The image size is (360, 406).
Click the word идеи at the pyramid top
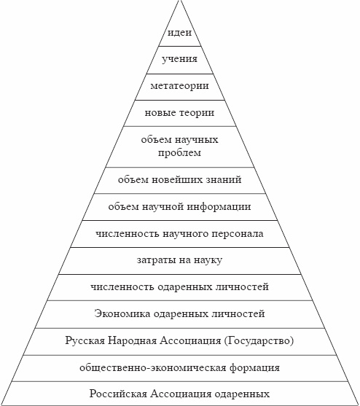(179, 33)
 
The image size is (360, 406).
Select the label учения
(179, 59)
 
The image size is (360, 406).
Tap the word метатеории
(179, 86)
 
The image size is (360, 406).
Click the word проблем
(179, 152)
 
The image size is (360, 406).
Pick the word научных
(197, 140)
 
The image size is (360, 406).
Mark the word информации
(219, 207)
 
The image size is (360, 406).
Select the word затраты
(156, 260)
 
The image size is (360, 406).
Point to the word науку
(208, 260)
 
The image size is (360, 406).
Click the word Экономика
(122, 314)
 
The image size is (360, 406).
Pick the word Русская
(85, 340)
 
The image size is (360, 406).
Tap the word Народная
(132, 340)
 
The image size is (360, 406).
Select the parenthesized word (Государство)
(259, 340)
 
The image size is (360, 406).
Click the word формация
(254, 367)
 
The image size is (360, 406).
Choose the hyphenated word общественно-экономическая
(153, 367)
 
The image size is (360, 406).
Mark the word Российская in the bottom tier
(119, 394)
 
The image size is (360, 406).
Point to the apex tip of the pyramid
(179, 1)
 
